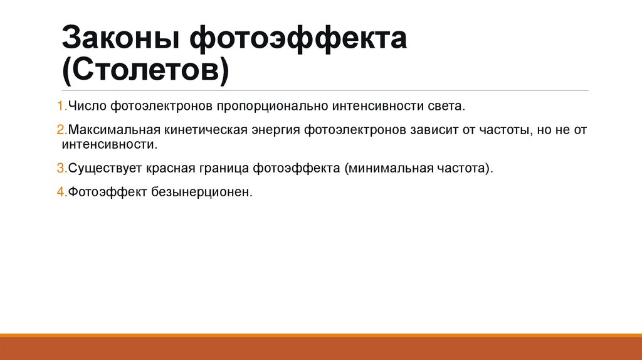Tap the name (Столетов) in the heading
pyautogui.click(x=145, y=70)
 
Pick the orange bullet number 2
pyautogui.click(x=60, y=131)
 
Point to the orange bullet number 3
pyautogui.click(x=60, y=169)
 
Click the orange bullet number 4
pyautogui.click(x=60, y=193)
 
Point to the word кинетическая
pyautogui.click(x=203, y=131)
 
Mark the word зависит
pyautogui.click(x=439, y=131)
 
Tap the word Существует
pyautogui.click(x=105, y=169)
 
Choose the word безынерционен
pyautogui.click(x=202, y=193)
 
